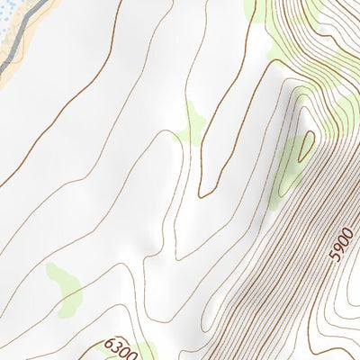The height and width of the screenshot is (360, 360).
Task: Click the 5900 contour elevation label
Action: point(343,243)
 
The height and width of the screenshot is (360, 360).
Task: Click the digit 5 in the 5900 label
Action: point(335,256)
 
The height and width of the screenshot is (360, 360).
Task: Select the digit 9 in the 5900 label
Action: point(339,247)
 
